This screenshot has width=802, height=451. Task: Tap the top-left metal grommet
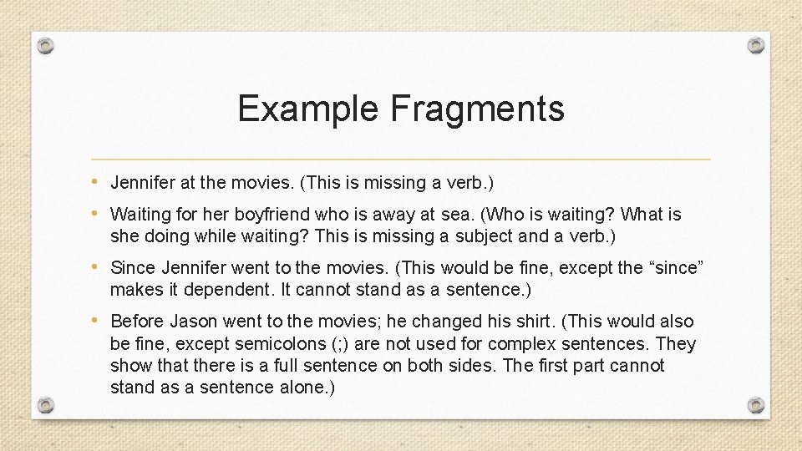(47, 44)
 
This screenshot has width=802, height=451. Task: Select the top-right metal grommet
(755, 44)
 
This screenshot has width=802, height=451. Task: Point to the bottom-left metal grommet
(47, 405)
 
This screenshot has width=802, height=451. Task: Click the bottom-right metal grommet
(755, 405)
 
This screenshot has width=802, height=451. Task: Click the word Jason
(193, 322)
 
